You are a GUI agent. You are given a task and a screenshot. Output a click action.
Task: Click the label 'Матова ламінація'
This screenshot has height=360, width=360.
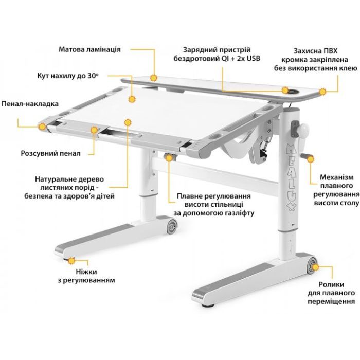tap(89, 49)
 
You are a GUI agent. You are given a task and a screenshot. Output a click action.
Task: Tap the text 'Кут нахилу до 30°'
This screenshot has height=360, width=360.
tap(68, 76)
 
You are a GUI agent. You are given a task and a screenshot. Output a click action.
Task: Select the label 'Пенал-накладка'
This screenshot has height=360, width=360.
tap(30, 104)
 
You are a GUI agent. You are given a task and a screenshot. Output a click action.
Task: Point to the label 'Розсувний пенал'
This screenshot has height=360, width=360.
tap(50, 153)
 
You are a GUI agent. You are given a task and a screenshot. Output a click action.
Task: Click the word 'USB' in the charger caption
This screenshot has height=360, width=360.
tap(254, 59)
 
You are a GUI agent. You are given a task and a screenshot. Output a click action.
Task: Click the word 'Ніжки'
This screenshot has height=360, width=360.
tap(86, 272)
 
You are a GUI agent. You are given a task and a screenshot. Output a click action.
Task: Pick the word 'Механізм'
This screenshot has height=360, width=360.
tap(337, 177)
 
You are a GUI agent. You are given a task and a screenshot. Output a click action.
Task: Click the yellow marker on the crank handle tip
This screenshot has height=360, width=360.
tap(311, 159)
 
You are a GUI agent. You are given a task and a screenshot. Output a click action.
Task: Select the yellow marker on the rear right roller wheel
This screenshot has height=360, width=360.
tap(315, 267)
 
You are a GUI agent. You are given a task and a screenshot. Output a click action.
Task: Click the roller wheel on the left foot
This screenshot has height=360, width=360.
tap(172, 226)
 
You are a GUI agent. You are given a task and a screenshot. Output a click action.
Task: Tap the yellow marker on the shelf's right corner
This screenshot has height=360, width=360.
tap(323, 92)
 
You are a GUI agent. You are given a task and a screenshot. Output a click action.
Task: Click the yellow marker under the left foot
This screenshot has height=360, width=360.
tap(71, 261)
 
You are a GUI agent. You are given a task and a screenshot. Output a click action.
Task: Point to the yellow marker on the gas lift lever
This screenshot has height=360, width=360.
tap(169, 158)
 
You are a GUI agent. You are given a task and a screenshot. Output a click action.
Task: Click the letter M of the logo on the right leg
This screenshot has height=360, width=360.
tap(291, 150)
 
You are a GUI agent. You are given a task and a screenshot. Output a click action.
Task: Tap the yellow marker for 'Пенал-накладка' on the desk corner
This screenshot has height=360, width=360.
tap(43, 127)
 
